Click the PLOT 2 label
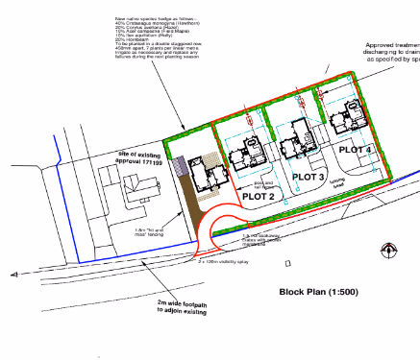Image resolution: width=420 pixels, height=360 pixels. pos(259,196)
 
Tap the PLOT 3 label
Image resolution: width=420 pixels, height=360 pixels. pos(309,177)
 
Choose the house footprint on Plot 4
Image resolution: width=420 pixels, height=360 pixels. pos(343,120)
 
